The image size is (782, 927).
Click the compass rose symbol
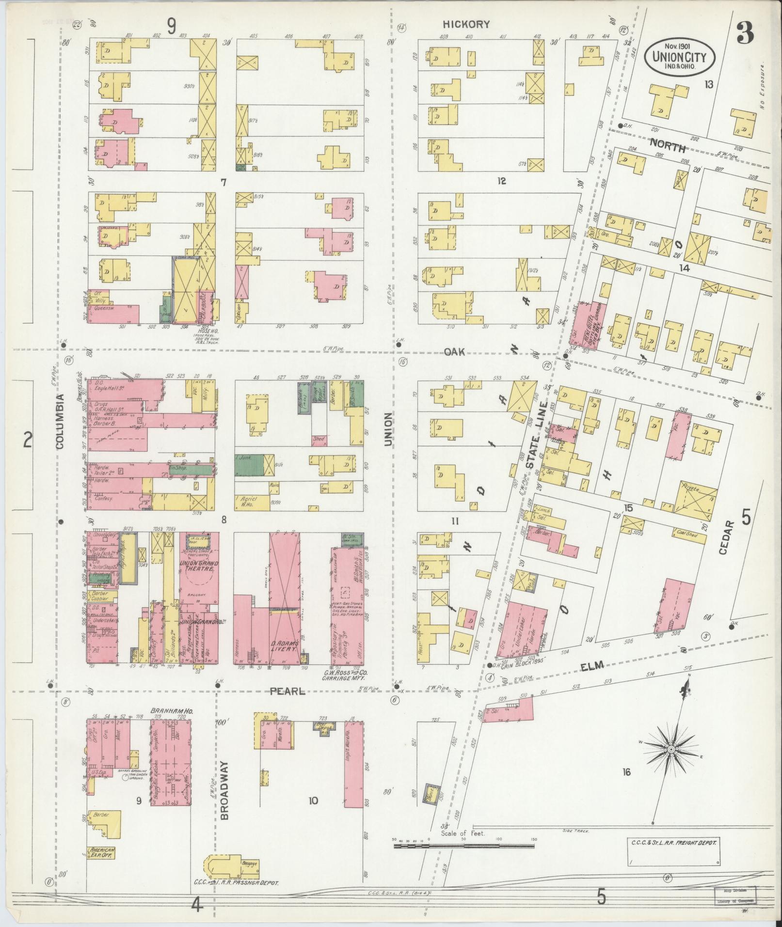[672, 763]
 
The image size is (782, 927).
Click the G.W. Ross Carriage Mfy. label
[339, 676]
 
